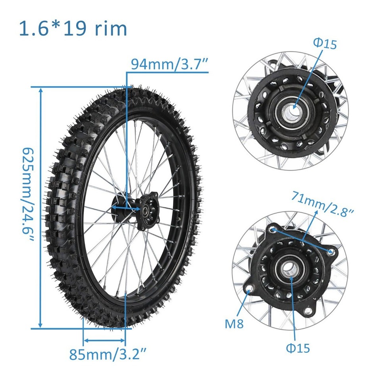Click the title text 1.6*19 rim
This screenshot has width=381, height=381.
(x=73, y=29)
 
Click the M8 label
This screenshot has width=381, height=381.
(x=234, y=324)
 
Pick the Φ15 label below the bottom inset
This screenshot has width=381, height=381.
(x=298, y=348)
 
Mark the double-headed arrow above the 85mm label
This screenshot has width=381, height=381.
(x=104, y=340)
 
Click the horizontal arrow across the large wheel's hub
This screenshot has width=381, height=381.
(x=126, y=208)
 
